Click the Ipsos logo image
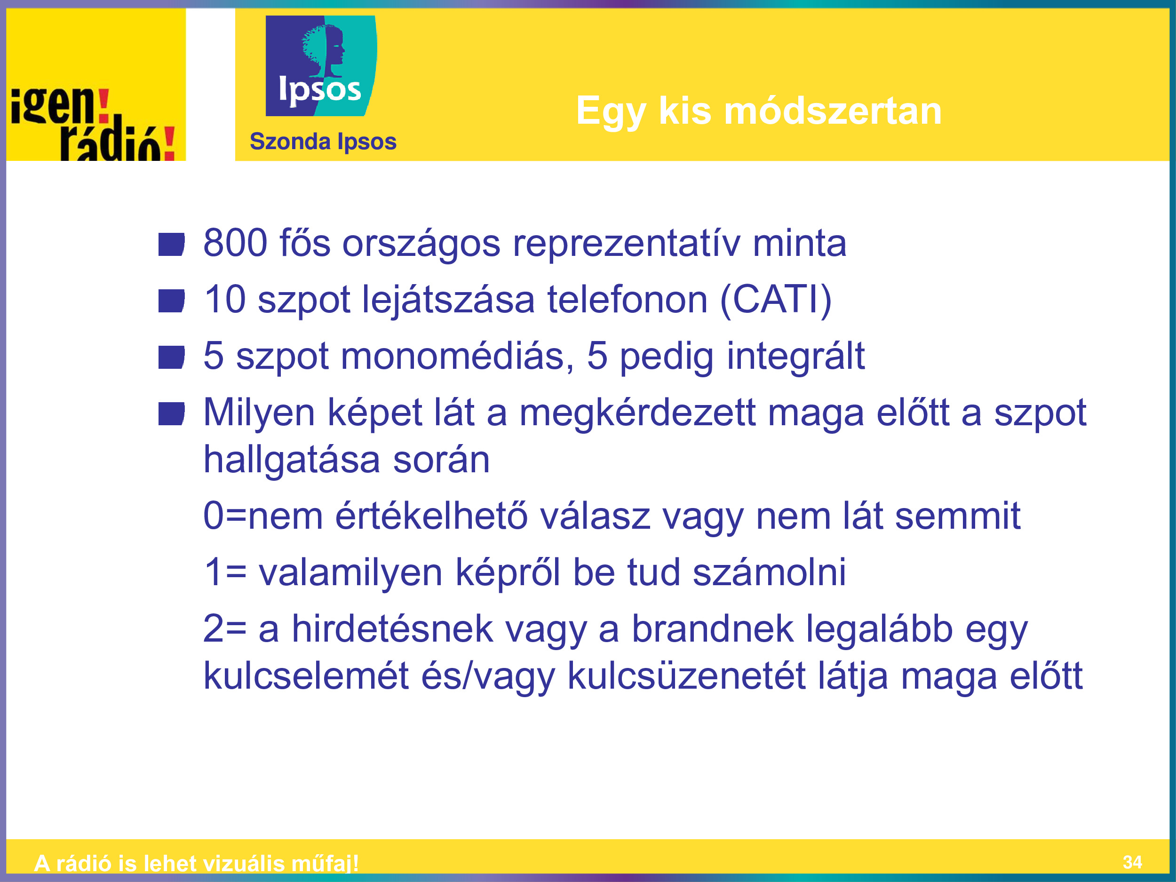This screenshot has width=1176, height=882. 321,65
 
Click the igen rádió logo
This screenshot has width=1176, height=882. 93,123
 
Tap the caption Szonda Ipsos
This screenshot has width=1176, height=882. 323,142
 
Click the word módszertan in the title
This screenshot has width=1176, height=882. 833,111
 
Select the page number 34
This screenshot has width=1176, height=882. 1132,862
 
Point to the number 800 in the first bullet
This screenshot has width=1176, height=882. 236,243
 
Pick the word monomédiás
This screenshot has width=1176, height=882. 457,356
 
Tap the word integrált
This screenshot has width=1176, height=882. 796,357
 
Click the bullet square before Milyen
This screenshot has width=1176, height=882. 171,414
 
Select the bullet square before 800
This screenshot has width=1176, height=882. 171,245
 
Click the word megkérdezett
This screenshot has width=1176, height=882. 637,413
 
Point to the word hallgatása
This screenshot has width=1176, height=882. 292,461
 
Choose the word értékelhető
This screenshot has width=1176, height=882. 431,516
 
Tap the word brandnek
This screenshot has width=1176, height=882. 712,629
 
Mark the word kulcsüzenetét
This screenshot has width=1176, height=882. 686,675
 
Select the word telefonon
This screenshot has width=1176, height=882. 628,299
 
